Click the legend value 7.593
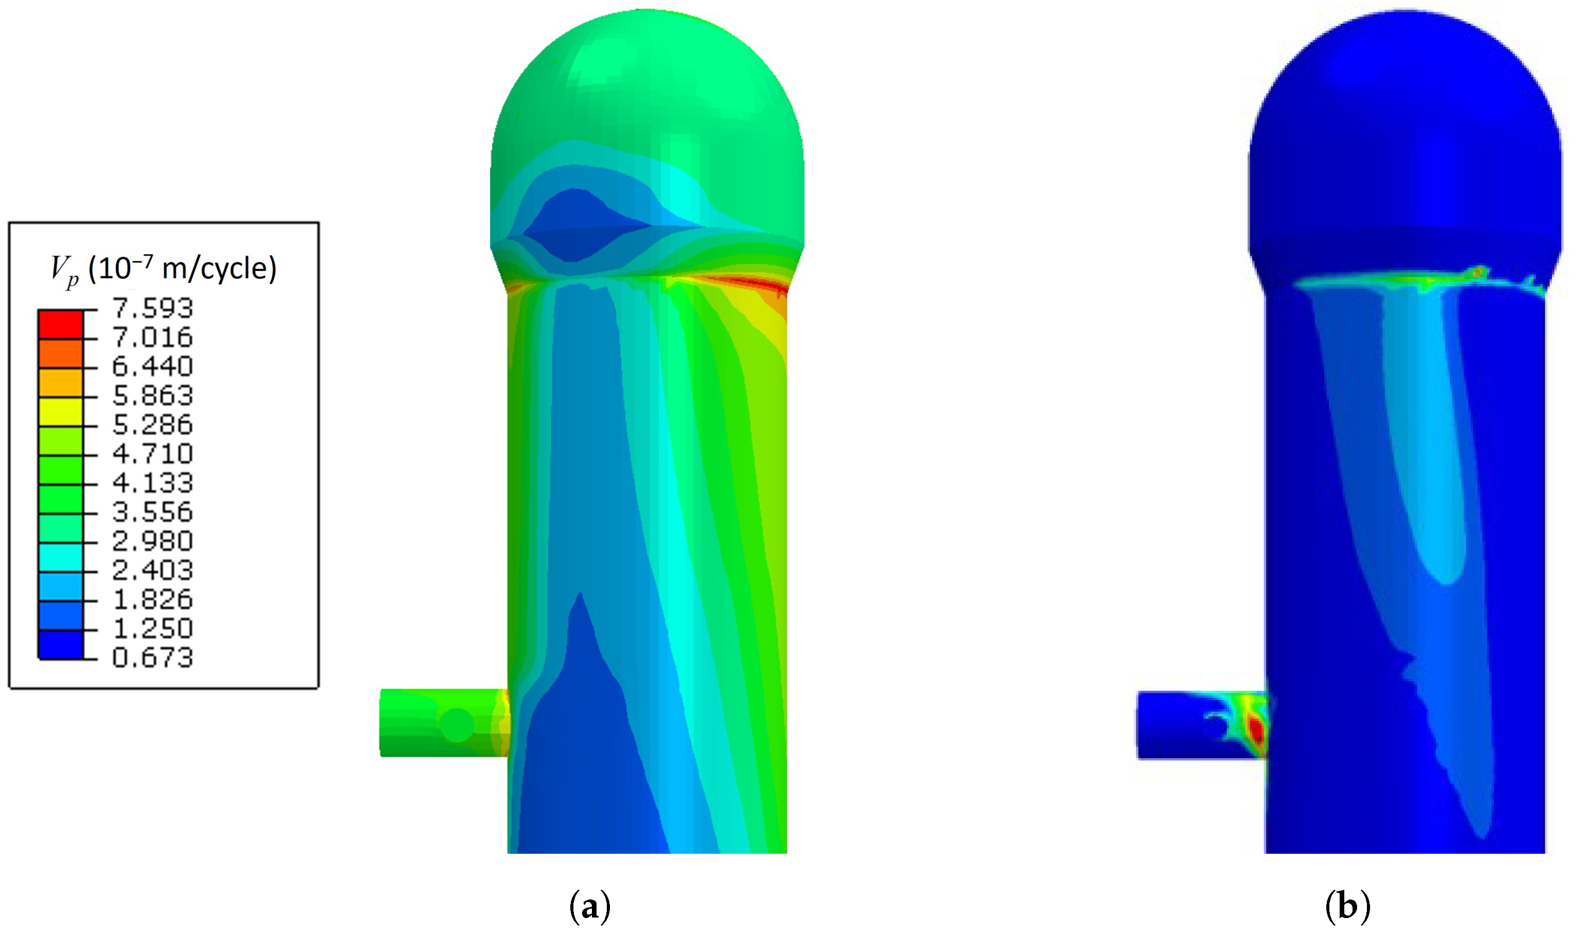[x=152, y=309]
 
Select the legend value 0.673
[x=152, y=658]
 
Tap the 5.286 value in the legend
[x=152, y=425]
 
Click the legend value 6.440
[x=152, y=367]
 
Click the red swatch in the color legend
[x=61, y=325]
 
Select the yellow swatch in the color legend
[x=61, y=412]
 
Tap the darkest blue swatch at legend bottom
[x=61, y=644]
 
